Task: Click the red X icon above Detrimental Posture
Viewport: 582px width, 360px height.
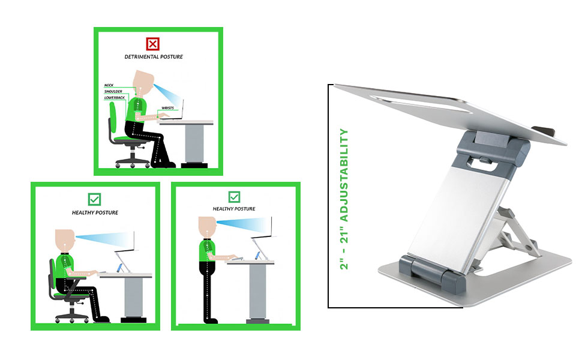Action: [153, 43]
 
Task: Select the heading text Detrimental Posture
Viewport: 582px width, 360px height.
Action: [154, 57]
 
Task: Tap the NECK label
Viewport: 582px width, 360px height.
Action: [109, 85]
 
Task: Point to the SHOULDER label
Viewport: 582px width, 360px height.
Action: [113, 91]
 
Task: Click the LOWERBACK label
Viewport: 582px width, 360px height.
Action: [115, 97]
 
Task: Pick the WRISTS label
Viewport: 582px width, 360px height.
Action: [168, 108]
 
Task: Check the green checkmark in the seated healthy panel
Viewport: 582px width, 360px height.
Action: [94, 199]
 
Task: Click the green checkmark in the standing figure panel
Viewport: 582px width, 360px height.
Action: [234, 197]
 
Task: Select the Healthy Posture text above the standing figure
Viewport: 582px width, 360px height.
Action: [234, 209]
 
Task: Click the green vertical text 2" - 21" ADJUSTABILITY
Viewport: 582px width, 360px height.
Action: [344, 199]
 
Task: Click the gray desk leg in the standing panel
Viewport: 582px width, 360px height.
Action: [257, 292]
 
